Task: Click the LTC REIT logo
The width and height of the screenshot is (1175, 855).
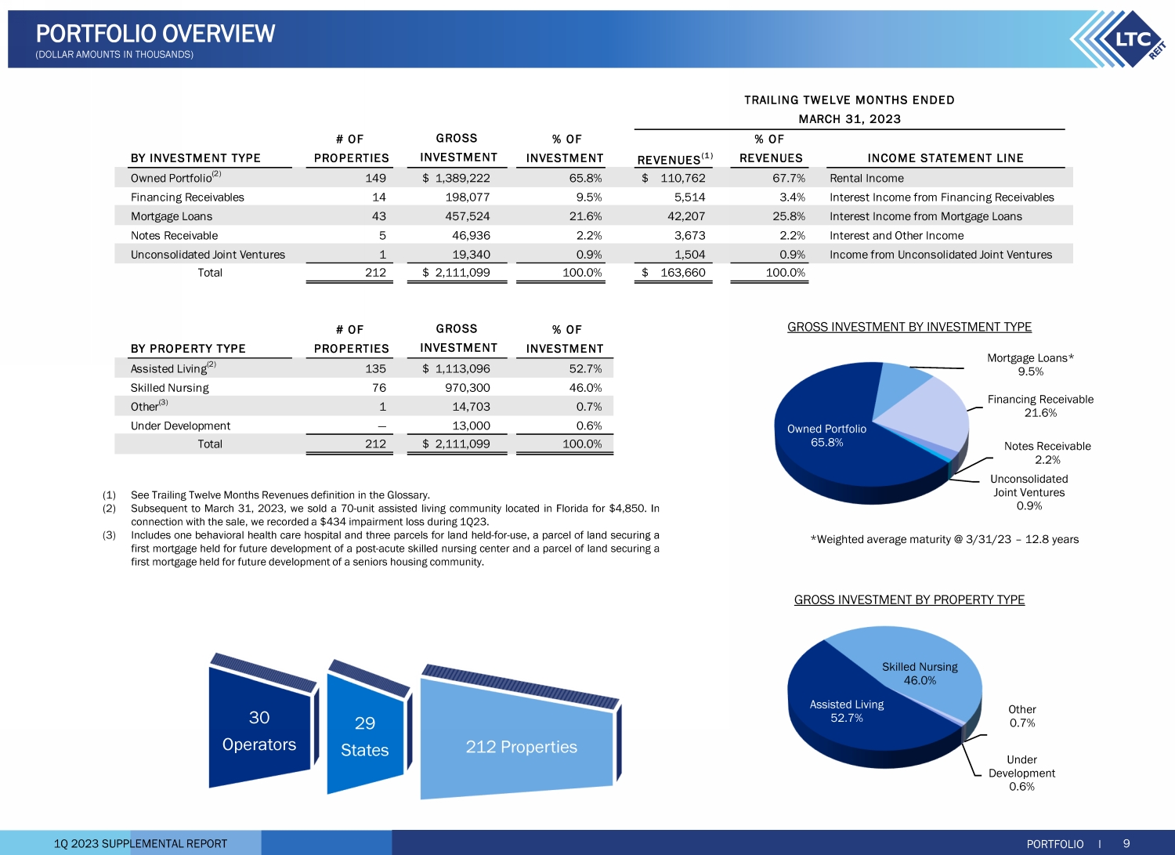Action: coord(1120,39)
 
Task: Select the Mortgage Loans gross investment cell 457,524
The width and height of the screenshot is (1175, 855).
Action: coord(468,216)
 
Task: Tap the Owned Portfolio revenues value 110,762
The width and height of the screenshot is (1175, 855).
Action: coord(682,178)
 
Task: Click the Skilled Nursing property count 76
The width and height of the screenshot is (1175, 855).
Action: coord(379,388)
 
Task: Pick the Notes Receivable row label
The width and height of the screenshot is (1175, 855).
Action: coord(175,236)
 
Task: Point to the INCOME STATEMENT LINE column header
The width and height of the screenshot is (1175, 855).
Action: coord(945,158)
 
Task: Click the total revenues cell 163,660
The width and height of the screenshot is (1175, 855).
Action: coord(682,273)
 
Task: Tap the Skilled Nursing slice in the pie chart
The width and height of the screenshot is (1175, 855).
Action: coord(916,666)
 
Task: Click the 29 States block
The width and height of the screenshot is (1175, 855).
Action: coord(365,736)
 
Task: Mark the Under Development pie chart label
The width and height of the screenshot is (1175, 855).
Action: coord(1021,773)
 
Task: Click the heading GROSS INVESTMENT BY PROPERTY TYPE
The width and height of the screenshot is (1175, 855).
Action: coord(909,600)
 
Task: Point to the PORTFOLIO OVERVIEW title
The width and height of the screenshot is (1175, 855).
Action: coord(156,34)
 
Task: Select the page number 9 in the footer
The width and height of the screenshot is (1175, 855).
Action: coord(1126,843)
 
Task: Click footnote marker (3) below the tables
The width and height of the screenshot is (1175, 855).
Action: coord(109,535)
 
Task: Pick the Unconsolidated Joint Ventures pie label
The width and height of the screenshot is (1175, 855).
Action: coord(1029,492)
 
